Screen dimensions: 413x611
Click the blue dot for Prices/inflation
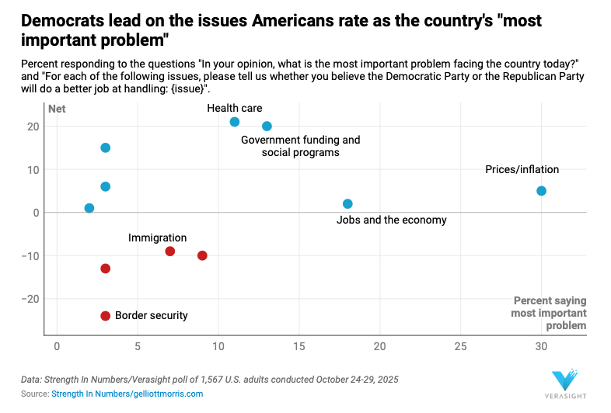pos(541,191)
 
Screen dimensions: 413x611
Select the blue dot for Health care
pos(235,122)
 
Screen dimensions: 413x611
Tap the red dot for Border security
pos(106,315)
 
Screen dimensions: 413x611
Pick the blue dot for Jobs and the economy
pos(347,204)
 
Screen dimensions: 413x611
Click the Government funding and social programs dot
pos(267,127)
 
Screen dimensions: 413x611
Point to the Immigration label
pos(157,238)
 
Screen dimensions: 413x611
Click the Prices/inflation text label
pos(522,169)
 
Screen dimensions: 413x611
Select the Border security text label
pos(151,315)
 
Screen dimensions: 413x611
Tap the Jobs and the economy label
pos(391,220)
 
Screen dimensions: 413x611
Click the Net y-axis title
pos(57,109)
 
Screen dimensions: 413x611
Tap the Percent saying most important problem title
pos(549,313)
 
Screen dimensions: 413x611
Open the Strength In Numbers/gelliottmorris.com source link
pos(127,394)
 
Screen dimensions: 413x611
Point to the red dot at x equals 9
pos(202,255)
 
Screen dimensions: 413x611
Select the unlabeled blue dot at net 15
pos(106,147)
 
